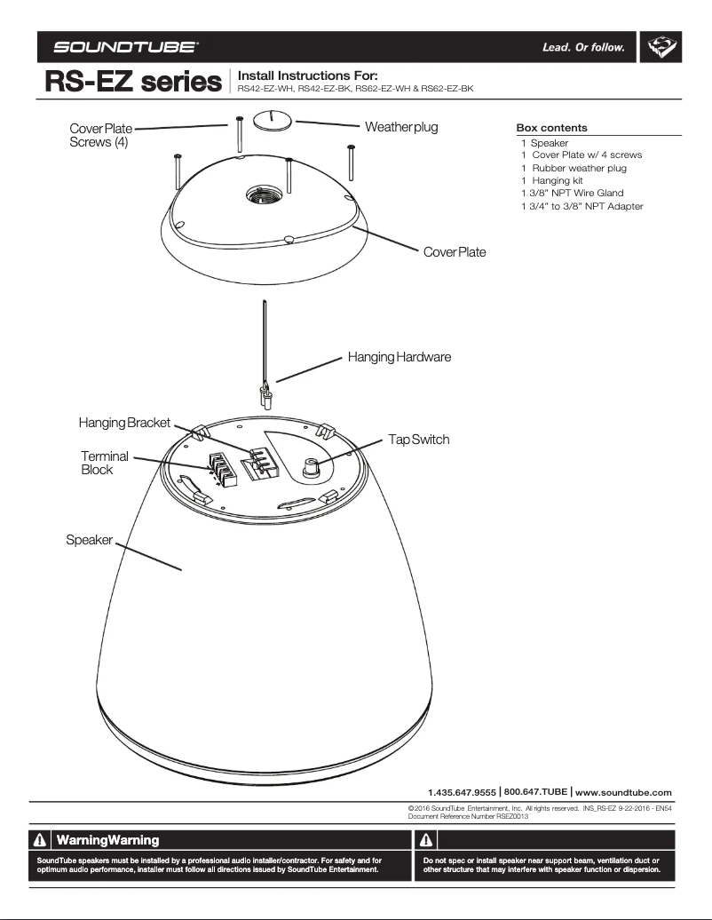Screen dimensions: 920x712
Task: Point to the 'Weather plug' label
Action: click(x=401, y=127)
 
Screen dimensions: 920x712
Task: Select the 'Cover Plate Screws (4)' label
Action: click(x=100, y=136)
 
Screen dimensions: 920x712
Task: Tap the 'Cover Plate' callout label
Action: click(x=454, y=252)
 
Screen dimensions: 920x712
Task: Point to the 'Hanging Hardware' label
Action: click(x=400, y=357)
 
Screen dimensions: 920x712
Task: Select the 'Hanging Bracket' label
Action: click(x=124, y=423)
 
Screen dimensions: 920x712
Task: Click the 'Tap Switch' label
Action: click(x=418, y=440)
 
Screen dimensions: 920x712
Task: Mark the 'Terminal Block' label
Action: click(x=104, y=463)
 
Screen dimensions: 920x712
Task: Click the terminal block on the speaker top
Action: click(x=221, y=470)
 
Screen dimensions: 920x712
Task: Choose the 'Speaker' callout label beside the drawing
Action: click(x=89, y=540)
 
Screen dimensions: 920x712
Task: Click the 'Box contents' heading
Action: click(x=551, y=128)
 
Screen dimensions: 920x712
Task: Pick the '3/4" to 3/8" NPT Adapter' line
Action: click(x=582, y=206)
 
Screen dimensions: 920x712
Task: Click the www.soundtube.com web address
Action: click(x=623, y=791)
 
